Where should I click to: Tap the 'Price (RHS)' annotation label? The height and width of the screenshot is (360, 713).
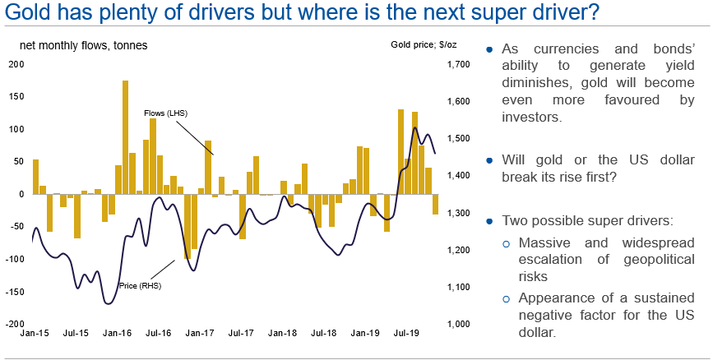(x=140, y=285)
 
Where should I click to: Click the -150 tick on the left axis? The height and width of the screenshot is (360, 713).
(x=14, y=291)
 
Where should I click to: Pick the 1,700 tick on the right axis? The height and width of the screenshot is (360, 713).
(x=456, y=64)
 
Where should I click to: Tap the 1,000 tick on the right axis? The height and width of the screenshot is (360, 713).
(x=456, y=324)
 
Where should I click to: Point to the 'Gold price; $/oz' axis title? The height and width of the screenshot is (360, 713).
(x=424, y=45)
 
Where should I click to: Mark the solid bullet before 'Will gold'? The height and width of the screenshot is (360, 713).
(x=489, y=160)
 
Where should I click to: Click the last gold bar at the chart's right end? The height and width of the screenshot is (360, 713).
(x=435, y=204)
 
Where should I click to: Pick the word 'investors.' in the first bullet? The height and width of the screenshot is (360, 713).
(x=531, y=118)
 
